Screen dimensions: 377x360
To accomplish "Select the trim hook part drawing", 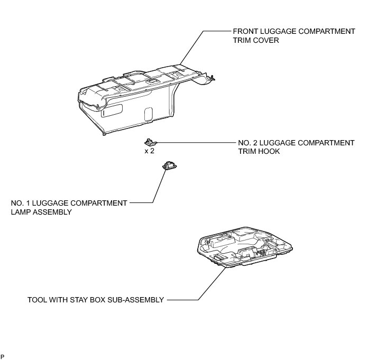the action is (x=150, y=142).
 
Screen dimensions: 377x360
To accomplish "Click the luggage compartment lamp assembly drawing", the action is (x=170, y=165).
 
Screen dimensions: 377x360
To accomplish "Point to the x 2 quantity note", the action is (x=150, y=151).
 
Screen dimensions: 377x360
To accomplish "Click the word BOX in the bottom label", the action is (x=100, y=300).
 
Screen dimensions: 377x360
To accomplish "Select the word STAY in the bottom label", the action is (x=79, y=300).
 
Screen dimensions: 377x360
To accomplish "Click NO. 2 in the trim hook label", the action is (x=246, y=143).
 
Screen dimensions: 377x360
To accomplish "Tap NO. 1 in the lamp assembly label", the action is (x=20, y=203).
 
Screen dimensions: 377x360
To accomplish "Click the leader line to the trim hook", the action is (x=196, y=143).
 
